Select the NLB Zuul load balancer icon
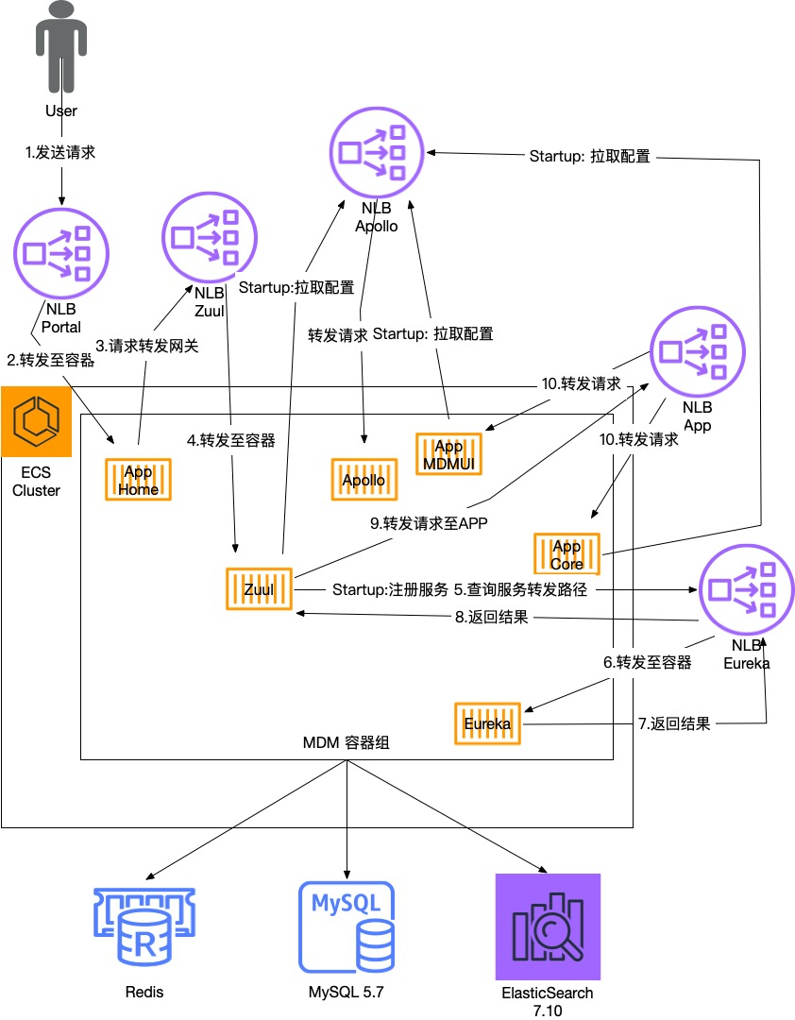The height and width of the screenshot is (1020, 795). tap(210, 232)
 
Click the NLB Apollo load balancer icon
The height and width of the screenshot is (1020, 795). tap(377, 152)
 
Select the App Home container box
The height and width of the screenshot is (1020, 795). tap(137, 481)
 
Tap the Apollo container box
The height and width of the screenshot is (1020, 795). tap(364, 481)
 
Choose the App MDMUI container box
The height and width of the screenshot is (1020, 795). tap(448, 454)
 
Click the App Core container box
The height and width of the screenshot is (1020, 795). tap(567, 554)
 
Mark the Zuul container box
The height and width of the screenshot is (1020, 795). tap(259, 589)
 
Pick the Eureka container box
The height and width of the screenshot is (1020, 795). tap(487, 724)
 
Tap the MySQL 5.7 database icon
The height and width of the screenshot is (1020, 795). tap(347, 927)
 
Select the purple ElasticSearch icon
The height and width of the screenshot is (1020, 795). tap(548, 926)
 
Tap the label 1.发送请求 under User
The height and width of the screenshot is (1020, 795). tap(60, 152)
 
